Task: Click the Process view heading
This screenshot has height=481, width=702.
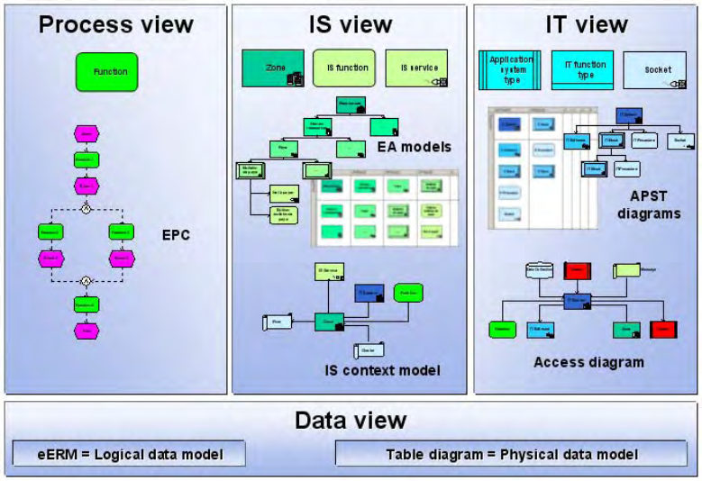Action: point(115,24)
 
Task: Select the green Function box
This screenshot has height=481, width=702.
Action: point(107,71)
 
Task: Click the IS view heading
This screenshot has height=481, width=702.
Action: point(350,24)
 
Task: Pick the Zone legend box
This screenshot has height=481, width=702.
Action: point(273,68)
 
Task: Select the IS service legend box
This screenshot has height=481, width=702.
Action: point(415,68)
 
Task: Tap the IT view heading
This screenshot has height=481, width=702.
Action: point(586,24)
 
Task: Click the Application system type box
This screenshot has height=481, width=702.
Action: point(509,69)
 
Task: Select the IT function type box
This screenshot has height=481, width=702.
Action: point(582,69)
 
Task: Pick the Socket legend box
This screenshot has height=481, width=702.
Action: point(658,69)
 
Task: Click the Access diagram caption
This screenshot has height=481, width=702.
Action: point(588,363)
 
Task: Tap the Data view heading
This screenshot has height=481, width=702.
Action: point(350,420)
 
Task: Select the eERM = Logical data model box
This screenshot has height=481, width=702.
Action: point(130,454)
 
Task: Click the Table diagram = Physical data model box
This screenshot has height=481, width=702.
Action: point(511,454)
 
